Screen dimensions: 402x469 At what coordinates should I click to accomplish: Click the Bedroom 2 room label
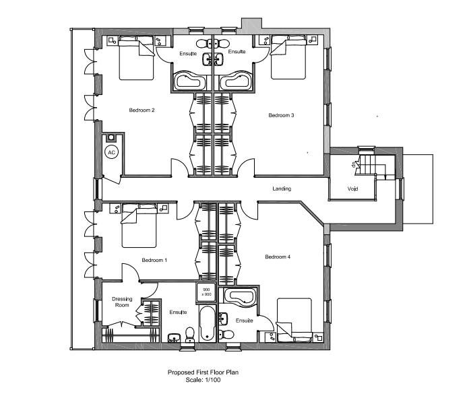(x=143, y=110)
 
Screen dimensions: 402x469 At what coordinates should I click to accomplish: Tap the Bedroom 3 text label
(x=281, y=115)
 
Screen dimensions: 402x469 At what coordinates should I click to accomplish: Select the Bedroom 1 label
(x=154, y=259)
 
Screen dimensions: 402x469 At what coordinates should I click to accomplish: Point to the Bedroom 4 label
(x=278, y=257)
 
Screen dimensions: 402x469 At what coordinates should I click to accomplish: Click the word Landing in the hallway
(x=282, y=189)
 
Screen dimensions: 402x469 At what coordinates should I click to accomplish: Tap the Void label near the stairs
(x=352, y=189)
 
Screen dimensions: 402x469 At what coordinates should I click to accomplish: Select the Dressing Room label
(x=122, y=302)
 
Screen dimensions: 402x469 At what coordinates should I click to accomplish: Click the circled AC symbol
(x=112, y=152)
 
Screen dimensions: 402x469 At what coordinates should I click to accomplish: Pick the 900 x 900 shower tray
(x=206, y=292)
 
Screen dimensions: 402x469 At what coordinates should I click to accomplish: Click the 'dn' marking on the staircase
(x=353, y=164)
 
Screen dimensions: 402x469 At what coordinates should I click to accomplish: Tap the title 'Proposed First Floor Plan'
(x=203, y=372)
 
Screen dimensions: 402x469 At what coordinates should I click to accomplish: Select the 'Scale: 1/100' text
(x=203, y=380)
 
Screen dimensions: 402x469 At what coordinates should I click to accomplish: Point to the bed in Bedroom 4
(x=294, y=319)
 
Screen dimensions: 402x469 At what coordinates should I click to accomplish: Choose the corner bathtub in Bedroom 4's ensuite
(x=238, y=298)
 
